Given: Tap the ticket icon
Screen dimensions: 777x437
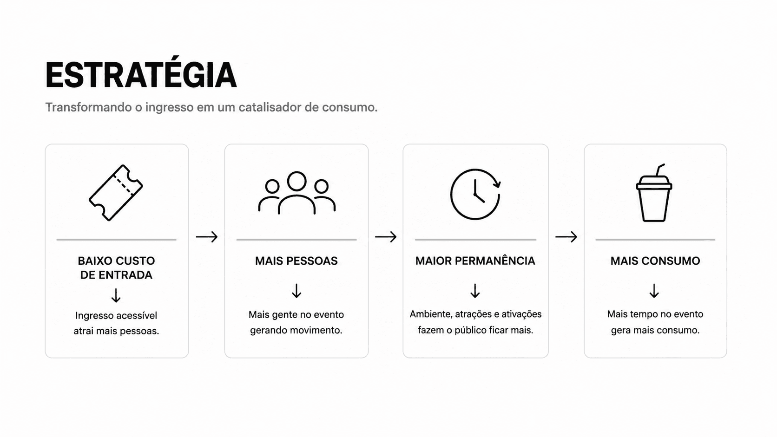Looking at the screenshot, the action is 116,193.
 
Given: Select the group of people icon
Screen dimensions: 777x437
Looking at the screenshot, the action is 296,193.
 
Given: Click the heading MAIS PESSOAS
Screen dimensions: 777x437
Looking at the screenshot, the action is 296,261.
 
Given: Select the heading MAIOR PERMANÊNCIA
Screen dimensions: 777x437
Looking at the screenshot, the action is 475,261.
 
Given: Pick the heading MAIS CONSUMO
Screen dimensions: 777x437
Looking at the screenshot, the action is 655,261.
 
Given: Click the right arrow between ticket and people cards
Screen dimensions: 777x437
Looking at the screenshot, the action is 207,237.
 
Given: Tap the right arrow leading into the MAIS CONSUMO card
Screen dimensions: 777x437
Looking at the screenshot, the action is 566,237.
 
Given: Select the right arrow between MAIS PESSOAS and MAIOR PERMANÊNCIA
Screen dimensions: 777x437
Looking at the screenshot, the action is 386,237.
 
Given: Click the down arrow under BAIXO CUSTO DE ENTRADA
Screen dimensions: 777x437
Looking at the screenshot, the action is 116,296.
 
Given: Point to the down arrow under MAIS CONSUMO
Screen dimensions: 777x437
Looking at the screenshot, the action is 654,291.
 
